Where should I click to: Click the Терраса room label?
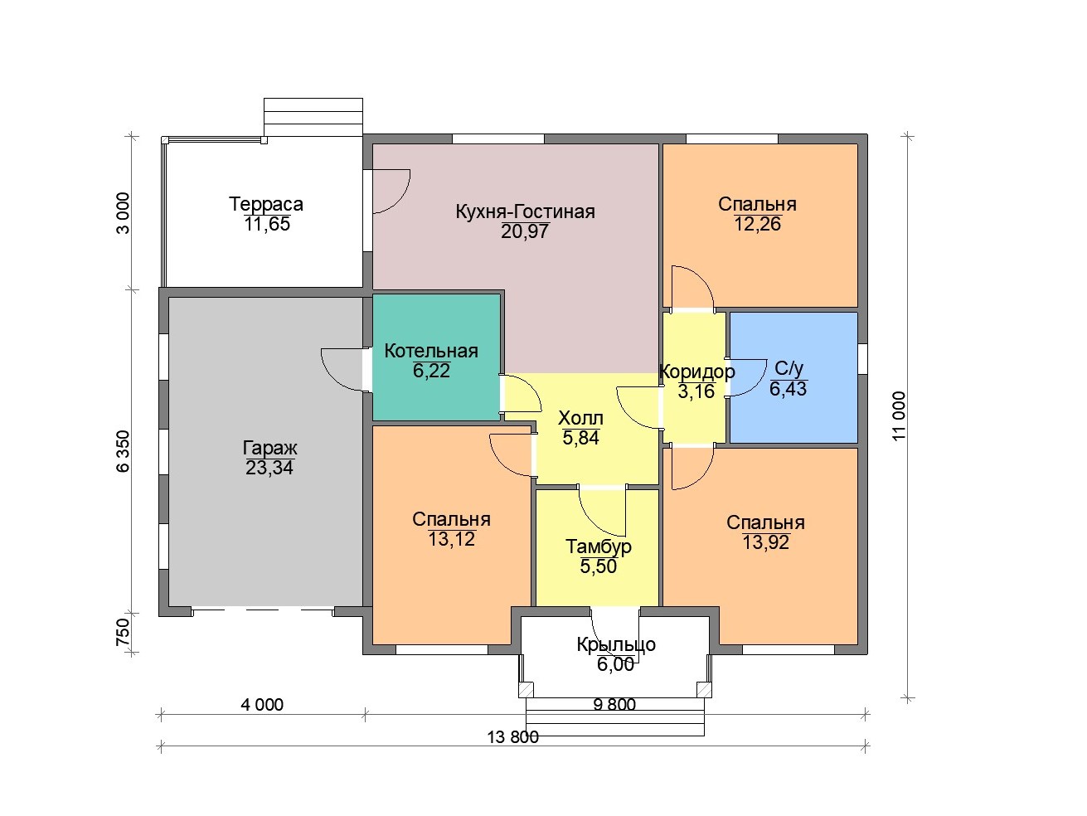pos(266,204)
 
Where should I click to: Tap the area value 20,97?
pos(525,231)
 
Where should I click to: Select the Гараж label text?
pos(270,448)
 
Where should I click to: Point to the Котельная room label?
pos(431,351)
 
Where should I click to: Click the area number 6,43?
pos(788,389)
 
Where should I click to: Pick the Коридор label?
pos(696,372)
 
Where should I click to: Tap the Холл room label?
pos(580,419)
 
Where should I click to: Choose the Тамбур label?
pos(598,546)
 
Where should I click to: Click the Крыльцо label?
pos(616,644)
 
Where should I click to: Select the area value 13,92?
pos(765,542)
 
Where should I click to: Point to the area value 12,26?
pos(757,224)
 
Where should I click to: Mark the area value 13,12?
pos(451,539)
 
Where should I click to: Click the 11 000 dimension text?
pos(899,416)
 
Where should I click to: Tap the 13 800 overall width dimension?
pos(512,737)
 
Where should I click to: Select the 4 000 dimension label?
pos(262,705)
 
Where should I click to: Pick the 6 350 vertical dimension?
pos(123,451)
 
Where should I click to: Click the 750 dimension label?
pos(123,632)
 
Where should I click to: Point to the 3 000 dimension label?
pos(123,213)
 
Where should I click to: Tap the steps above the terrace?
pos(313,118)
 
